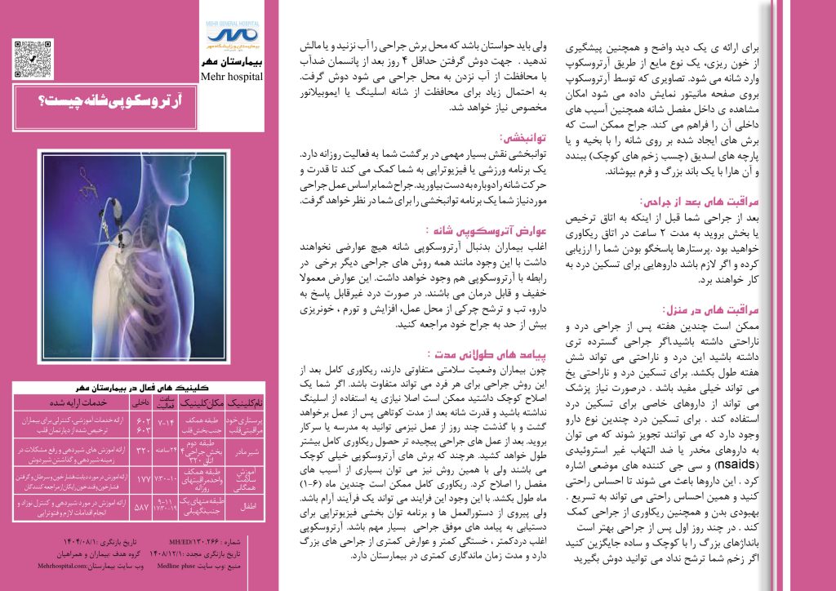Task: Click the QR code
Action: tap(30, 57)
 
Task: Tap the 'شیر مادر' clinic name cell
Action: tap(246, 449)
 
